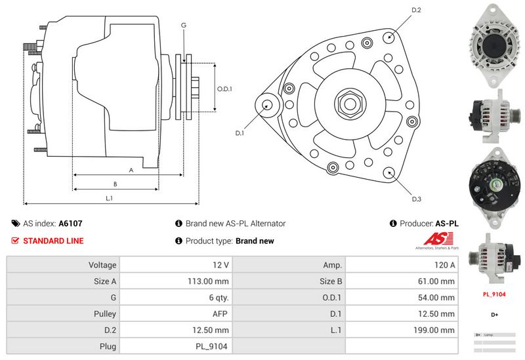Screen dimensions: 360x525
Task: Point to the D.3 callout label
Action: pyautogui.click(x=416, y=199)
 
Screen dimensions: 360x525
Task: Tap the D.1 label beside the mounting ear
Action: pyautogui.click(x=240, y=133)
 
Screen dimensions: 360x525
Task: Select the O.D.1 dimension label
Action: pyautogui.click(x=225, y=89)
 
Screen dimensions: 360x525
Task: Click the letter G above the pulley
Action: pyautogui.click(x=184, y=25)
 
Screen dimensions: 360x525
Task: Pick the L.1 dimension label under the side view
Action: pyautogui.click(x=110, y=197)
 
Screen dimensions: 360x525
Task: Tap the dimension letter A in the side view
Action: pyautogui.click(x=131, y=170)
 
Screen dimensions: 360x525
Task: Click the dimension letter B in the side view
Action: pyautogui.click(x=115, y=184)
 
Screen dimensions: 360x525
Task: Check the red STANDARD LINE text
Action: pyautogui.click(x=53, y=241)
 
